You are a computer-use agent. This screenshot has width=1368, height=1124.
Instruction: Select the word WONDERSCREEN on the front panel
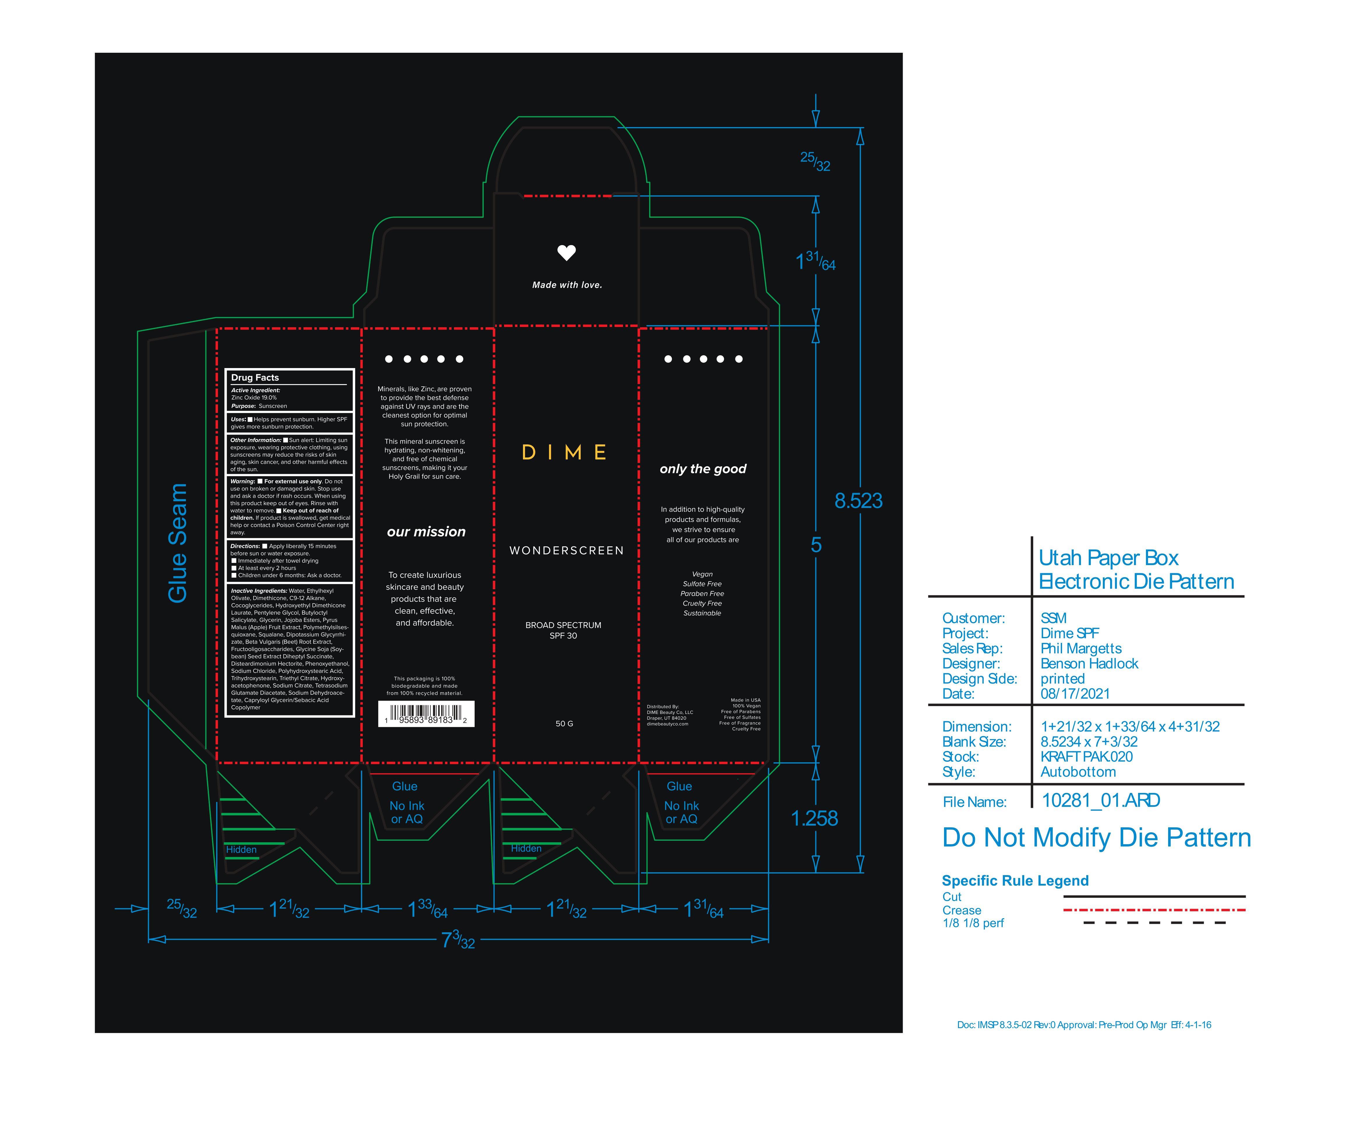point(566,550)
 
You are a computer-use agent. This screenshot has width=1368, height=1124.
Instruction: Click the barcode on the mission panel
point(426,713)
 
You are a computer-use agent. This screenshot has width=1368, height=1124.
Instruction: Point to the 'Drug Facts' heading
point(255,377)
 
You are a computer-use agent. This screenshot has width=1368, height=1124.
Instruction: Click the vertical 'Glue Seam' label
point(177,543)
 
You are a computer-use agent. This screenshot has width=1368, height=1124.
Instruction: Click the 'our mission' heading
point(426,532)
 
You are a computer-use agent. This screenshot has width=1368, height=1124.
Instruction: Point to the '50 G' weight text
point(564,724)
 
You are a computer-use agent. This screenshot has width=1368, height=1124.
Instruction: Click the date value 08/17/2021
point(1075,694)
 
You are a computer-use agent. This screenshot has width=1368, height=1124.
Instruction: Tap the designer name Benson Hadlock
point(1089,664)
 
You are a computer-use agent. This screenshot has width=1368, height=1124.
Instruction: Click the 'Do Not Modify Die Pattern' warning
point(1096,838)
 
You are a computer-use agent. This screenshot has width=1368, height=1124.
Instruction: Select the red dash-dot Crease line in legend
point(1154,910)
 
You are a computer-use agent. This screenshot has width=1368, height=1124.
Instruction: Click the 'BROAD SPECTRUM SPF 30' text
point(563,630)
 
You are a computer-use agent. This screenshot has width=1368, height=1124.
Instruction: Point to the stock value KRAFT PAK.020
point(1086,757)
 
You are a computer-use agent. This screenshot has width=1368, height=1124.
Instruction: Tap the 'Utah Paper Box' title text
point(1108,558)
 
